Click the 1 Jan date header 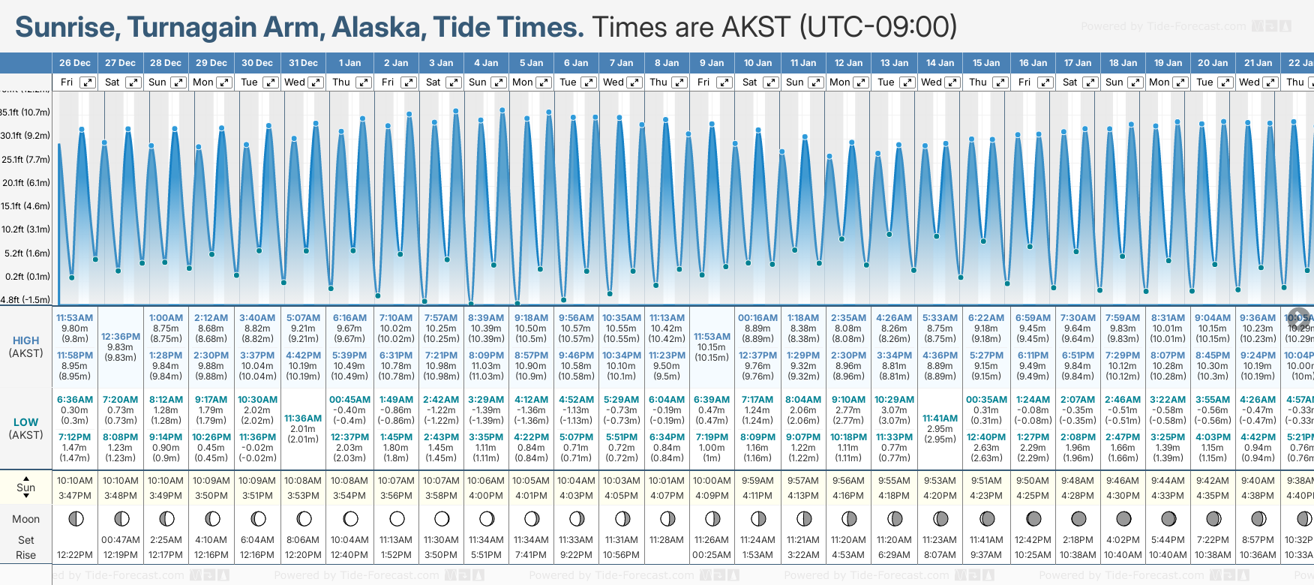pos(349,63)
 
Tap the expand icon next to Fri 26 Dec pos(88,82)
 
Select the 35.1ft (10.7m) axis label pos(25,112)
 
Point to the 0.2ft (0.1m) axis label pos(27,277)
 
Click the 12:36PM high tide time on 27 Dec pos(121,337)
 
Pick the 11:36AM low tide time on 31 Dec pos(303,418)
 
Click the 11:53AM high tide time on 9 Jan pos(712,337)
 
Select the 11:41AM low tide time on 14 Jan pos(940,418)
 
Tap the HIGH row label pos(25,340)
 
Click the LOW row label pos(25,422)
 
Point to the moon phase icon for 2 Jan pos(397,518)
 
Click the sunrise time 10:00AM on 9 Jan pos(712,481)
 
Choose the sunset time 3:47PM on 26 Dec pos(75,496)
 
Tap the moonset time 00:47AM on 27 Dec pos(121,540)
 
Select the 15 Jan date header pos(985,63)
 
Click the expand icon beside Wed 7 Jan pos(634,82)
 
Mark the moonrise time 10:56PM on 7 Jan pos(622,555)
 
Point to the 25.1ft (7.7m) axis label pos(25,160)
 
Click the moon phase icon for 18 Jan pos(1123,518)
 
